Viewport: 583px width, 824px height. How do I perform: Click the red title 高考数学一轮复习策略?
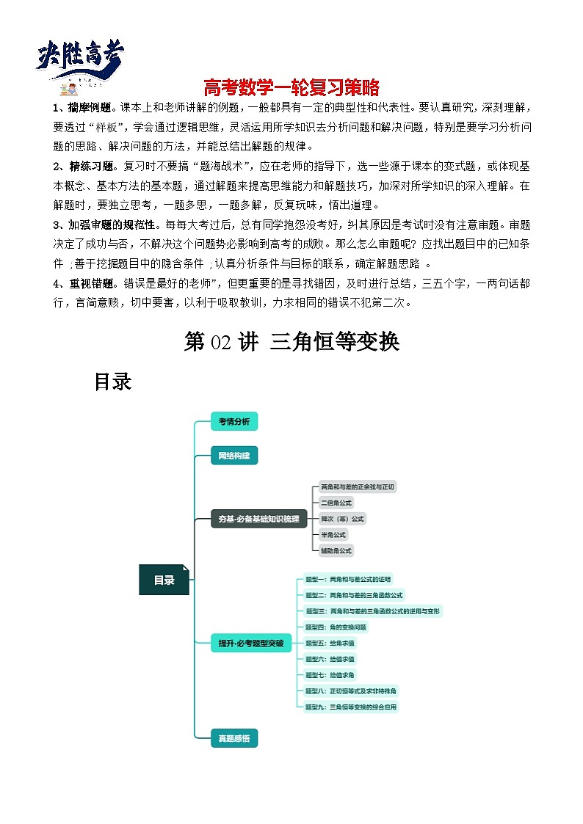click(291, 88)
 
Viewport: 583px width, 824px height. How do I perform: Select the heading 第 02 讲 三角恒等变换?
click(291, 341)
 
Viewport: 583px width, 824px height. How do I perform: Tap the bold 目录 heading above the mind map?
click(112, 382)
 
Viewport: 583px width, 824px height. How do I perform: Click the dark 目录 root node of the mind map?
click(164, 580)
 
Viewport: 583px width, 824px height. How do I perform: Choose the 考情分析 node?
click(234, 421)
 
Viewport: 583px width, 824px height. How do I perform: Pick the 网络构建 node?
click(234, 456)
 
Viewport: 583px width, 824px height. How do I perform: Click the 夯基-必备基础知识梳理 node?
click(258, 519)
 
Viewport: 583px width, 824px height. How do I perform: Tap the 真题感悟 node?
click(234, 738)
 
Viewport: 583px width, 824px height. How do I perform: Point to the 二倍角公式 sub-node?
click(336, 503)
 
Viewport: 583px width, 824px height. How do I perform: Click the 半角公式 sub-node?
click(333, 535)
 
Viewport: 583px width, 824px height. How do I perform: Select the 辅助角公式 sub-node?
click(336, 550)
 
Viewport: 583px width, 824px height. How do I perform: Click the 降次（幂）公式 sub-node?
click(341, 519)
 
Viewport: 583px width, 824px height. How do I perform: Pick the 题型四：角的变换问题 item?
click(336, 627)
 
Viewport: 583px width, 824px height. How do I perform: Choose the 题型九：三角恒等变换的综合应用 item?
click(352, 707)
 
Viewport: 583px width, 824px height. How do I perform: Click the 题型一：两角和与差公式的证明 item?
click(350, 579)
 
